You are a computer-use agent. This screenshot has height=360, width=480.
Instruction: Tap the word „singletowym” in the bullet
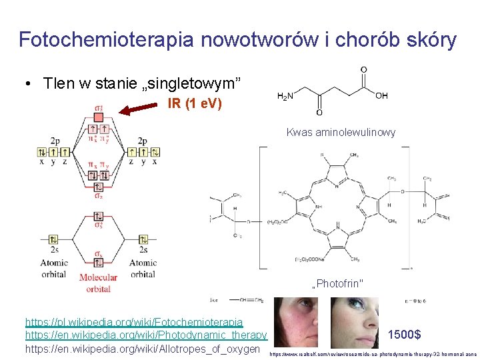(x=194, y=84)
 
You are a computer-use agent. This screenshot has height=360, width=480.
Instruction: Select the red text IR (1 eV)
(x=195, y=104)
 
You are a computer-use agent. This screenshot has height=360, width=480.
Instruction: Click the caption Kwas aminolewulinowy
(x=341, y=132)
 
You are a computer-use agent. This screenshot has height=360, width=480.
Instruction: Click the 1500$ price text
(x=403, y=334)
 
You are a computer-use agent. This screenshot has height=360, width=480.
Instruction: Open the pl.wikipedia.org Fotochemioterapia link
(x=133, y=321)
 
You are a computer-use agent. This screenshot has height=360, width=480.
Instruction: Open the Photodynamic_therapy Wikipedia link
(x=146, y=335)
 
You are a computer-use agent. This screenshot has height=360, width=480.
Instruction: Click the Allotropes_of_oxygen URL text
(x=142, y=349)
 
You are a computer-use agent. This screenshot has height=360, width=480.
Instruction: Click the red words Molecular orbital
(x=98, y=283)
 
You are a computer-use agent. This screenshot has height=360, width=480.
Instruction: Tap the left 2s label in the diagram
(x=54, y=250)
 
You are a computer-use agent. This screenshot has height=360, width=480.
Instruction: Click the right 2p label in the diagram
(x=142, y=141)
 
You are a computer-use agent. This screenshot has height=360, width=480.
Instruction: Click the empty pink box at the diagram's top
(x=98, y=117)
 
